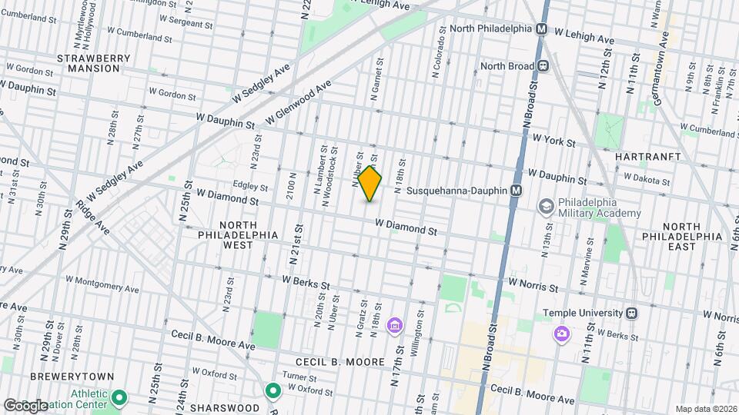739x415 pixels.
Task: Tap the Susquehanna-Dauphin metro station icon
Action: coord(517,190)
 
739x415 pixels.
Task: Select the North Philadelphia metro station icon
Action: coord(541,28)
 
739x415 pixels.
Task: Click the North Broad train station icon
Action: coord(543,66)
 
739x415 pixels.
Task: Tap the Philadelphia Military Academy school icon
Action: coord(546,206)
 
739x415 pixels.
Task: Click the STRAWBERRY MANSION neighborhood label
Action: coord(89,63)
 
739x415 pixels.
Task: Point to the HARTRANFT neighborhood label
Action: coord(648,156)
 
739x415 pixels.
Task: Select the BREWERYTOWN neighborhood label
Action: coord(72,377)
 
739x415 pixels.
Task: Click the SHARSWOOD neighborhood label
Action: coord(224,407)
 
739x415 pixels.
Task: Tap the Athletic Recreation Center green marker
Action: coord(119,397)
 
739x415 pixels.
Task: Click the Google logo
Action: coord(25,405)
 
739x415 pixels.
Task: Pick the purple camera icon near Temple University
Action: coord(562,333)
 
